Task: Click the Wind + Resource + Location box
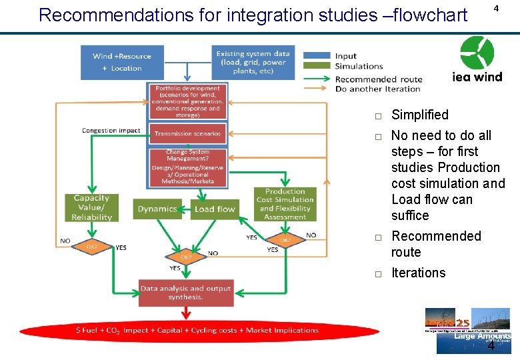coord(121,61)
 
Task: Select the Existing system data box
coord(254,61)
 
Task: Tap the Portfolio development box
coord(187,101)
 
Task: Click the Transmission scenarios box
coord(187,133)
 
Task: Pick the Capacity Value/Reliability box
coord(91,207)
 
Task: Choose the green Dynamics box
coord(157,209)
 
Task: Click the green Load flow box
coord(215,209)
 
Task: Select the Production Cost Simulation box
coord(285,204)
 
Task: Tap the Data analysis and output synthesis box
coord(186,293)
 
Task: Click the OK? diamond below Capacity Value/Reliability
coord(91,246)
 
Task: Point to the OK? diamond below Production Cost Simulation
coord(285,240)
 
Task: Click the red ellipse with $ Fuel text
coord(198,331)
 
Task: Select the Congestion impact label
coord(111,130)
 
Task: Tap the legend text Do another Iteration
coord(377,89)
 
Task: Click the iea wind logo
coord(477,59)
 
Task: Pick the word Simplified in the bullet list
coord(419,115)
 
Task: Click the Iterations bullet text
coord(418,273)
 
